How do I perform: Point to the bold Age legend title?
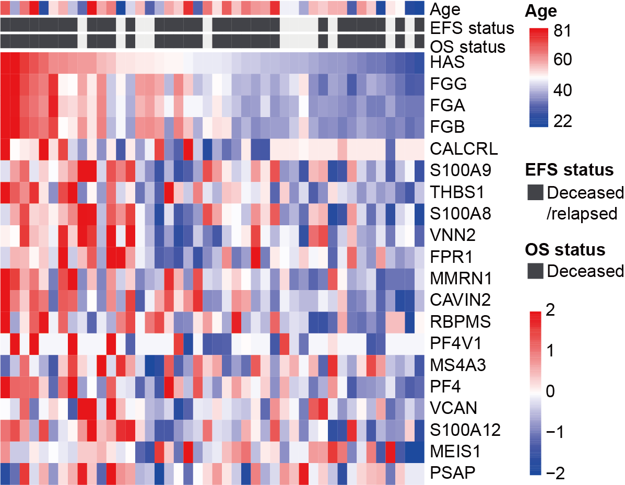click(x=541, y=11)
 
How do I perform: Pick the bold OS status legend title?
click(x=565, y=250)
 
